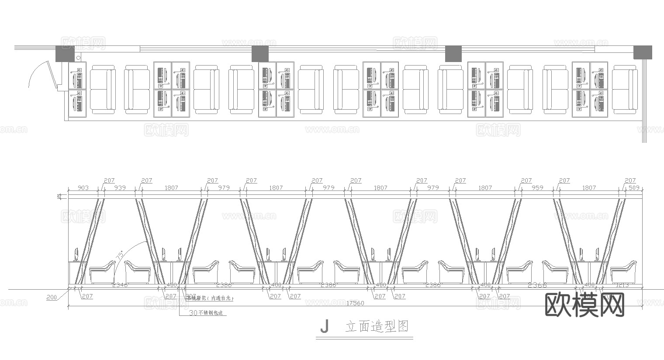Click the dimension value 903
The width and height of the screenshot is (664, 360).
[83, 188]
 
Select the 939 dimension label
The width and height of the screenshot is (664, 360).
[120, 188]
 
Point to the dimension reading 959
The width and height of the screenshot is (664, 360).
[537, 188]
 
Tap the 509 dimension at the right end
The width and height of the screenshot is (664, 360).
[633, 188]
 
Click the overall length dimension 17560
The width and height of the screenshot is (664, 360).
[357, 303]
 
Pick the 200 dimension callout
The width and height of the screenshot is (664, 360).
[52, 297]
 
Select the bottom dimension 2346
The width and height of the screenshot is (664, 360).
[120, 285]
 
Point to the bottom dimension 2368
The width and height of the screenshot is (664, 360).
[537, 285]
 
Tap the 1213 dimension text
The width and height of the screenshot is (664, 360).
[622, 285]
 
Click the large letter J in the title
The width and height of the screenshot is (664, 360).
[324, 326]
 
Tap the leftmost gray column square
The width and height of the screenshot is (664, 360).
[65, 54]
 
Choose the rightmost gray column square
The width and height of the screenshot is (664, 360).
[643, 52]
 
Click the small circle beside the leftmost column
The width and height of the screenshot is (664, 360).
[78, 58]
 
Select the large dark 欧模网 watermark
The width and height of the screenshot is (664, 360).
[585, 305]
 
